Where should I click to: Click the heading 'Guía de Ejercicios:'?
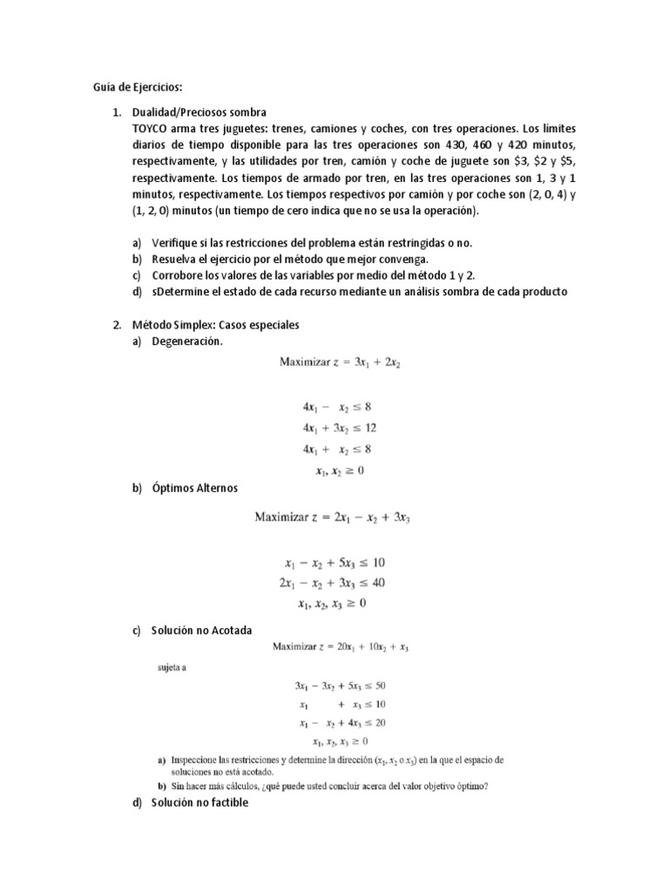point(139,87)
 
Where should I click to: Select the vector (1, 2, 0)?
point(158,211)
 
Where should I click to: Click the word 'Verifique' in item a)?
point(177,242)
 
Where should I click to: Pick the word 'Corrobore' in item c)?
point(179,275)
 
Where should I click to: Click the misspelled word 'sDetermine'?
point(182,292)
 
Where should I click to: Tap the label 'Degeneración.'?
point(187,341)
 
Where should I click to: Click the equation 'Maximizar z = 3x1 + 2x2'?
point(340,362)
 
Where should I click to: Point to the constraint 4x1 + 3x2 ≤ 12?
point(340,428)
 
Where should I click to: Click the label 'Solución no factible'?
point(199,802)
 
